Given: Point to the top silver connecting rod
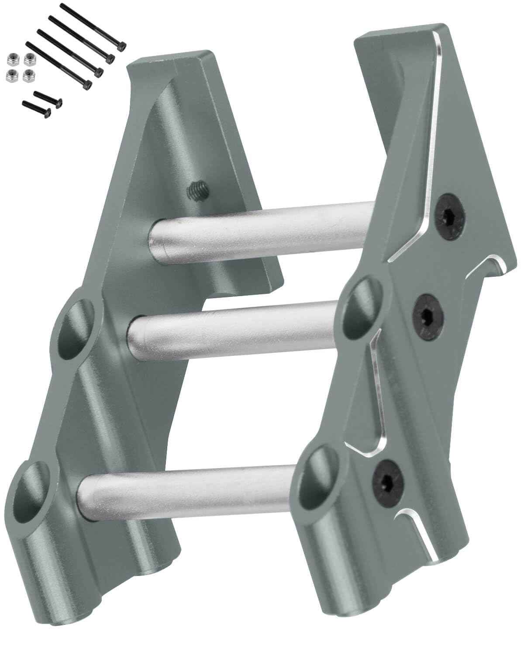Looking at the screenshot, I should click(262, 229).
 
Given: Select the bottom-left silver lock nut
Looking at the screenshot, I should click(11, 77).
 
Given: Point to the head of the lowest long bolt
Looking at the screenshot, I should click(87, 83).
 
